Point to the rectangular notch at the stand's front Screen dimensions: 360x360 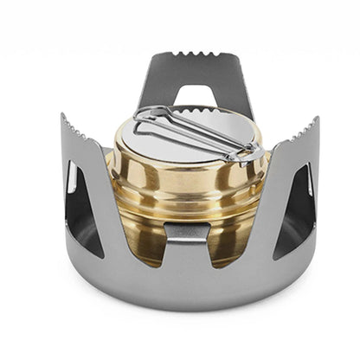pyautogui.click(x=188, y=231)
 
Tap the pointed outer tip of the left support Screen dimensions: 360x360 pyautogui.click(x=62, y=116)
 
